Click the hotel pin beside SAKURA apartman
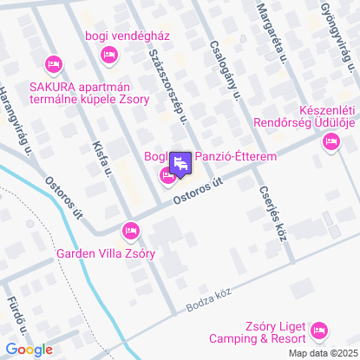click(x=53, y=63)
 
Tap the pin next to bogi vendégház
click(x=108, y=55)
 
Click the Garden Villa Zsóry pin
click(x=130, y=230)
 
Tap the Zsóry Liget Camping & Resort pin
click(x=318, y=330)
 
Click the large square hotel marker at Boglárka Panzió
click(x=180, y=163)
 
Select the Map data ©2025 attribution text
click(x=322, y=353)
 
